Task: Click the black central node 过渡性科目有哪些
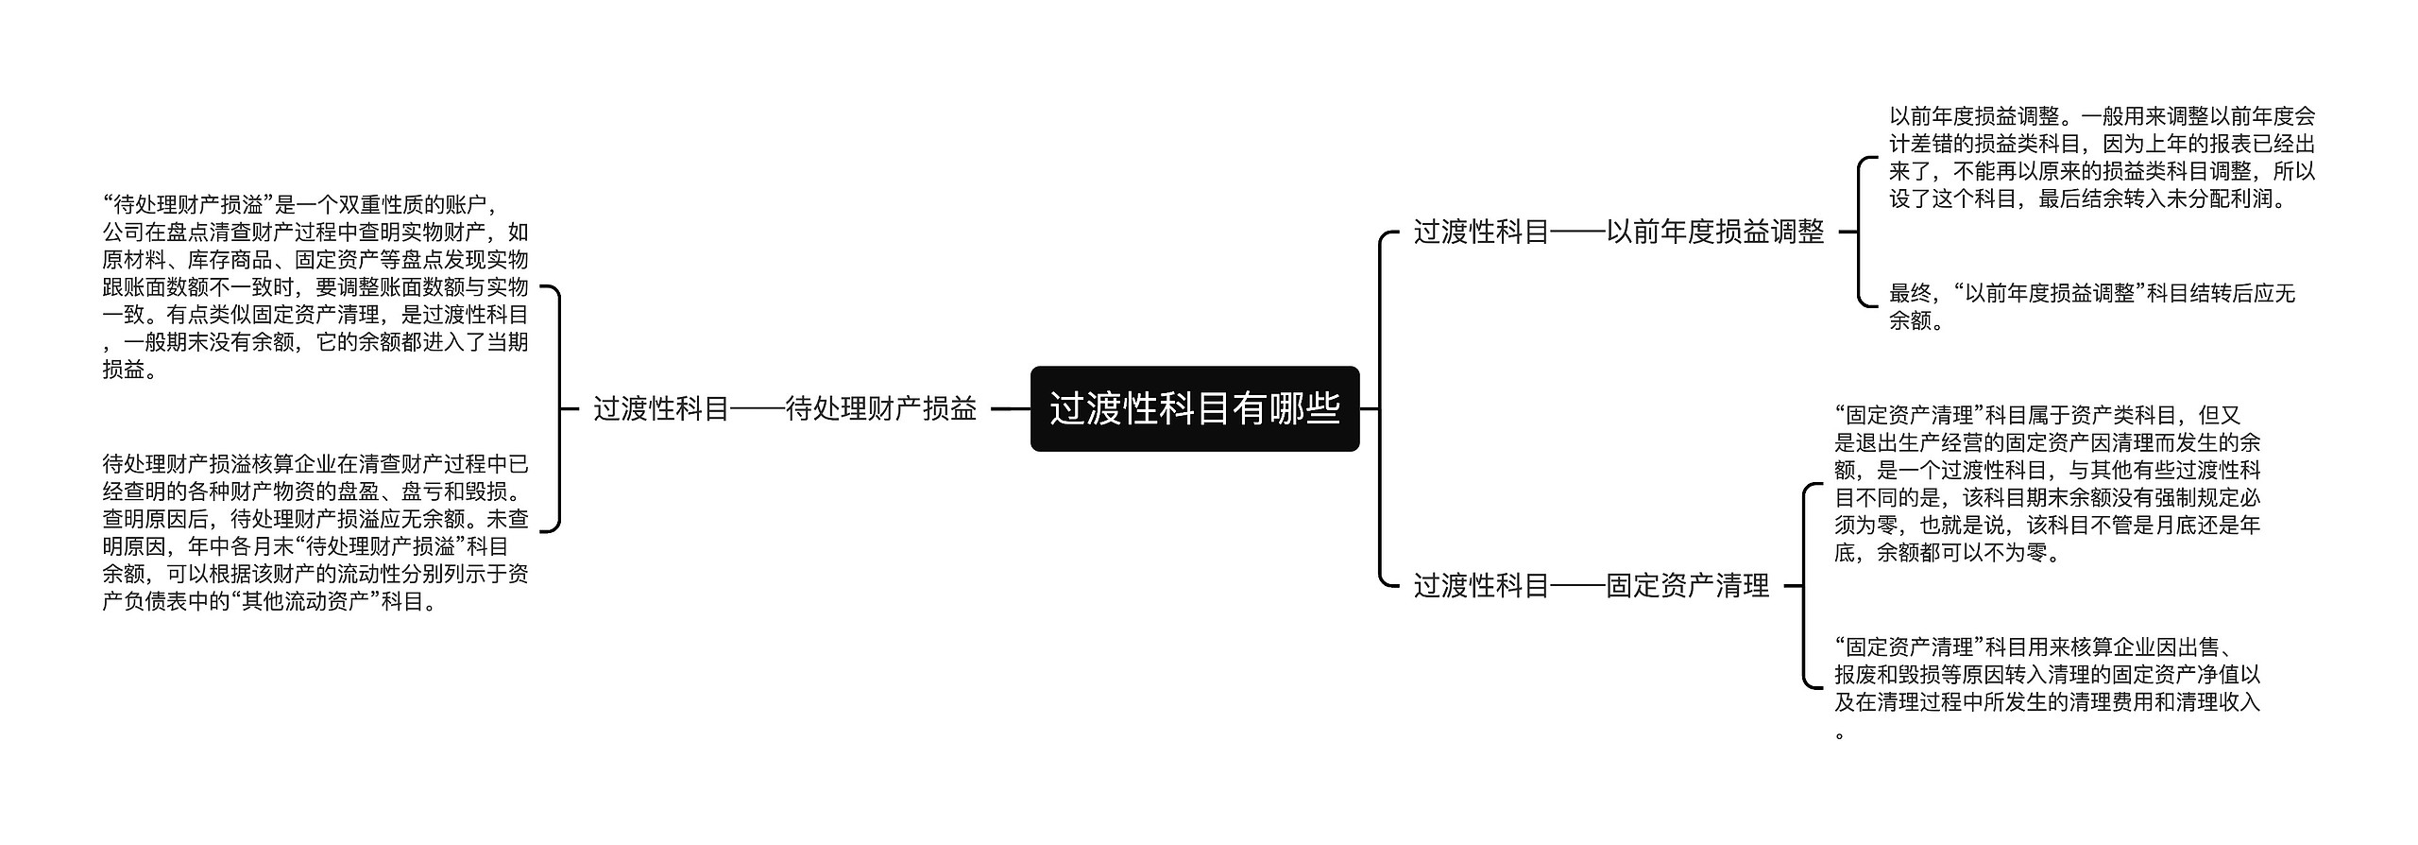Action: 1194,408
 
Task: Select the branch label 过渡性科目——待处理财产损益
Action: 785,408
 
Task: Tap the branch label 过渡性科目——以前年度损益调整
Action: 1618,232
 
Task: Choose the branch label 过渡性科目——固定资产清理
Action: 1591,586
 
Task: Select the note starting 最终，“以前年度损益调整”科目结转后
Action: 2091,306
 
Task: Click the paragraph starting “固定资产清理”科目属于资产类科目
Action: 2047,483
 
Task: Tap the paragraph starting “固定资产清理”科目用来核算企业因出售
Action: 2047,688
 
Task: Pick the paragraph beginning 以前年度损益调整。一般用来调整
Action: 2102,158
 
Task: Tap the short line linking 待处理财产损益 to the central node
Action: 1010,409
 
